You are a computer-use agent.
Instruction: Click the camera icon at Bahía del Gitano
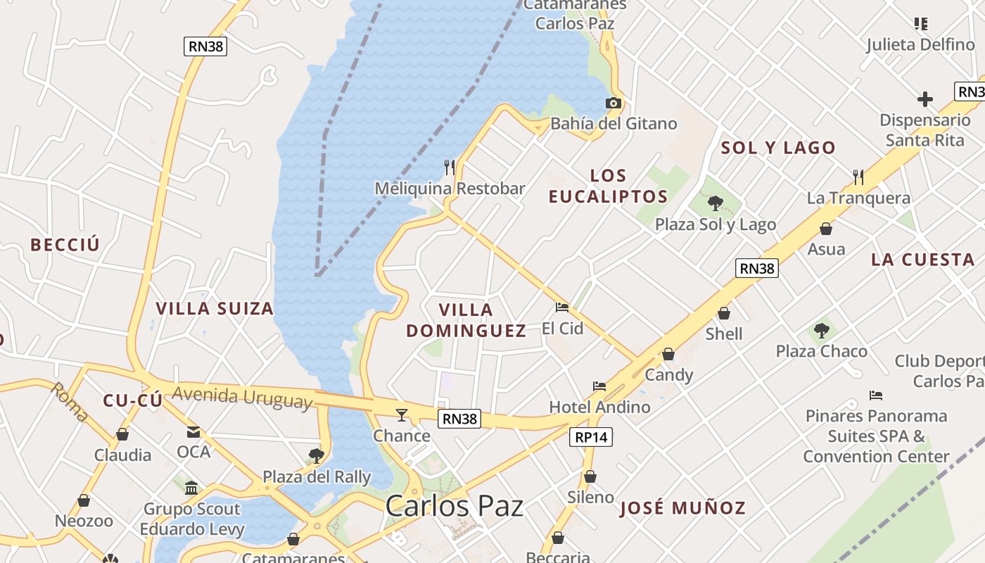613,103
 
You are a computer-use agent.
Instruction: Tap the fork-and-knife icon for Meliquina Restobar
450,167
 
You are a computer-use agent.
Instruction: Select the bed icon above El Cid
561,307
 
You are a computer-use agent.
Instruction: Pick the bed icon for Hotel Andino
599,386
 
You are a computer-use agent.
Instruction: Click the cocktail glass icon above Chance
402,415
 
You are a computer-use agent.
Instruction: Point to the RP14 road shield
590,437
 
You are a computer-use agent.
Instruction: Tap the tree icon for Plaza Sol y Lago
716,203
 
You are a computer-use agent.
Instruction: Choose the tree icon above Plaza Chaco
821,330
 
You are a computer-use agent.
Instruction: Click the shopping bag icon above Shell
724,313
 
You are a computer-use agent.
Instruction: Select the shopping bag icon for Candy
668,354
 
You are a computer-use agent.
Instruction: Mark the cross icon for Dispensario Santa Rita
925,99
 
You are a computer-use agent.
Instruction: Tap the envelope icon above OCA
193,431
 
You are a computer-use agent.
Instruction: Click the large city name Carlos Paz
455,506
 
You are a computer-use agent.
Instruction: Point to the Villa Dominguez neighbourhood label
466,320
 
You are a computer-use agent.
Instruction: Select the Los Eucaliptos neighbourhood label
608,186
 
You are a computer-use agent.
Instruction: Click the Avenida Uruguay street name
241,397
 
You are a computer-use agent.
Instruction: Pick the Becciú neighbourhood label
65,245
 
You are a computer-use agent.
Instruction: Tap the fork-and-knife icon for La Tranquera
858,177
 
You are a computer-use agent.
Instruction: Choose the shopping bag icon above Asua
826,229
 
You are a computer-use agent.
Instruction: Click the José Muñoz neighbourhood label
682,508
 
